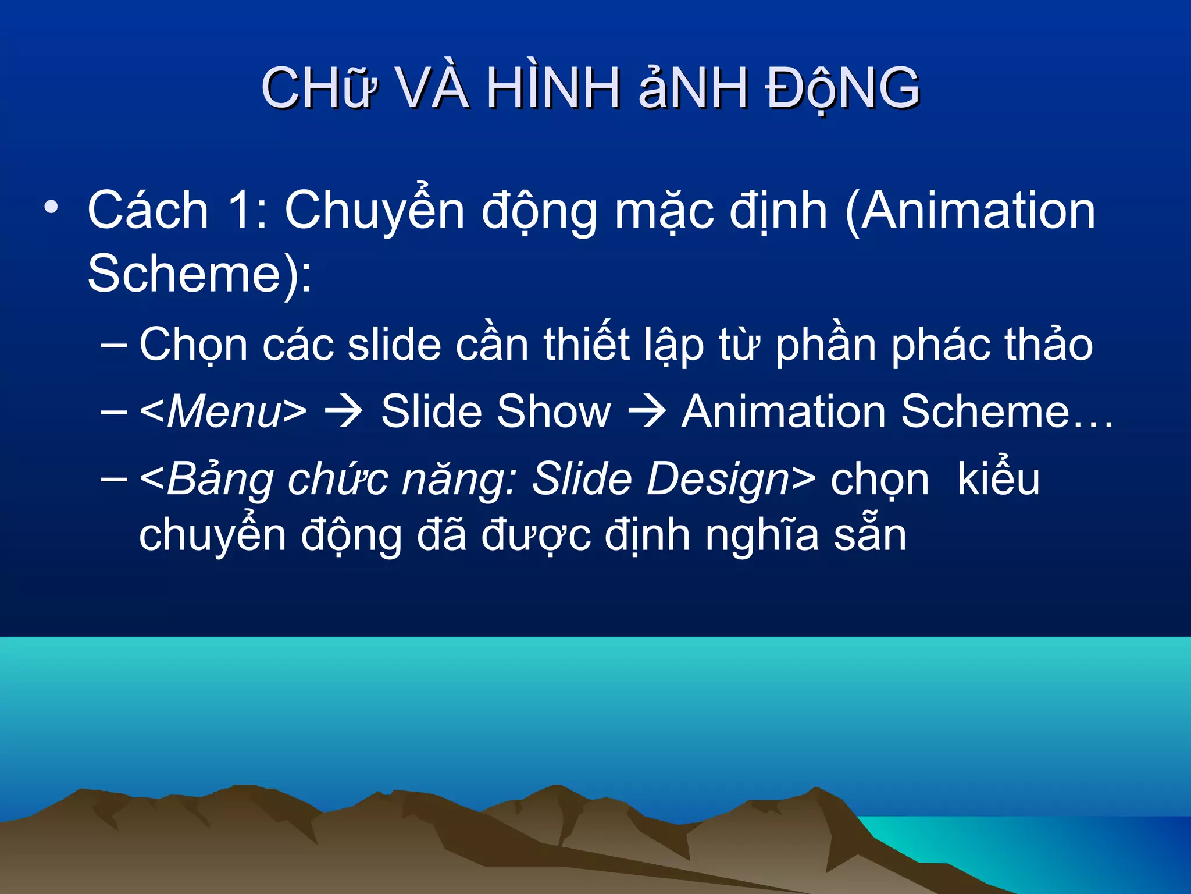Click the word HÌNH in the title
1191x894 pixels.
click(552, 88)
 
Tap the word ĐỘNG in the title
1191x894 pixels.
click(842, 88)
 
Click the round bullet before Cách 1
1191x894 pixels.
click(51, 207)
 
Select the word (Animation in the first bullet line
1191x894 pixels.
click(970, 211)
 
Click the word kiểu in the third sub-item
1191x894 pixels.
click(998, 478)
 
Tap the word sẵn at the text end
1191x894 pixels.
click(870, 535)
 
